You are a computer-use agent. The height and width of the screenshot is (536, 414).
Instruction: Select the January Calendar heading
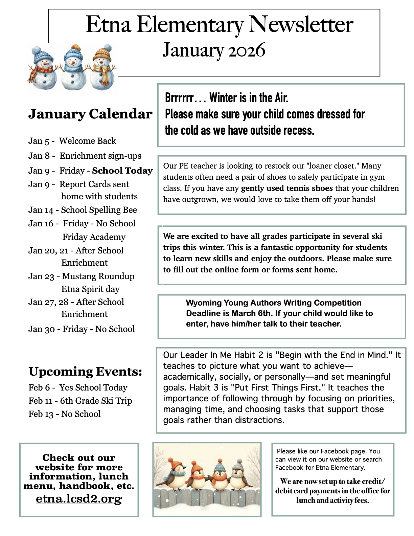pos(90,114)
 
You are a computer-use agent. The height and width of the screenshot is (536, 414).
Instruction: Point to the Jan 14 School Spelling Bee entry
pos(83,210)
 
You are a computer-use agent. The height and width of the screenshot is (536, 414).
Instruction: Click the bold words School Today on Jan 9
pos(122,171)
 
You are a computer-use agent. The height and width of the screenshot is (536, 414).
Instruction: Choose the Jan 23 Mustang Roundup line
pos(81,276)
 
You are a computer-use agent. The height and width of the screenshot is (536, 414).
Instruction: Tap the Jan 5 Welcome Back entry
pos(72,141)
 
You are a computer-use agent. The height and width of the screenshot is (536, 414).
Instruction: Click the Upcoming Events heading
pos(85,372)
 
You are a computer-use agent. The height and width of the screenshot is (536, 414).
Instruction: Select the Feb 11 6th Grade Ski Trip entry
pos(80,401)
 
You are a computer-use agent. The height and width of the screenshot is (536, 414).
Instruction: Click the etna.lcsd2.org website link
pos(79,499)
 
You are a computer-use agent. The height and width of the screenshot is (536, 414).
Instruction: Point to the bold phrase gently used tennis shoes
pos(287,188)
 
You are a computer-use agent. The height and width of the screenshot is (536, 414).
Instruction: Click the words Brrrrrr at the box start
pos(179,98)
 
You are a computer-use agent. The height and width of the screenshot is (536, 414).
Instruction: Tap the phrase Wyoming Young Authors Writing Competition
pos(274,303)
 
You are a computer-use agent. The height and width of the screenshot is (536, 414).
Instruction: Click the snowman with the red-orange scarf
pos(41,68)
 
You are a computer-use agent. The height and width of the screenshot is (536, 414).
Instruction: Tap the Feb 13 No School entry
pos(65,414)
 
